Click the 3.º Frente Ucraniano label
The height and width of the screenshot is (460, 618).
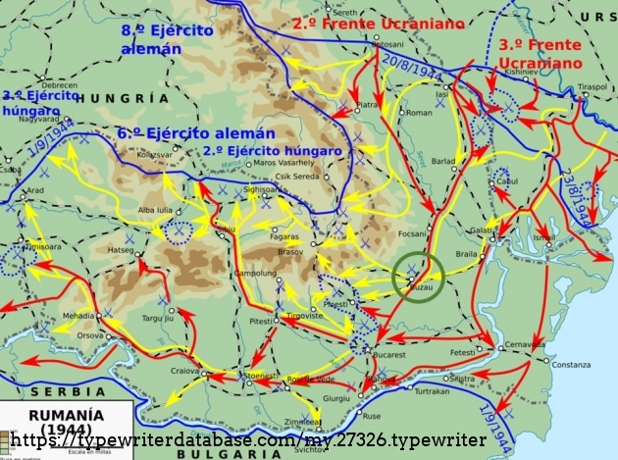[541, 54]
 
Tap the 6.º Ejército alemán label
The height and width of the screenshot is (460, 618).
[181, 131]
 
